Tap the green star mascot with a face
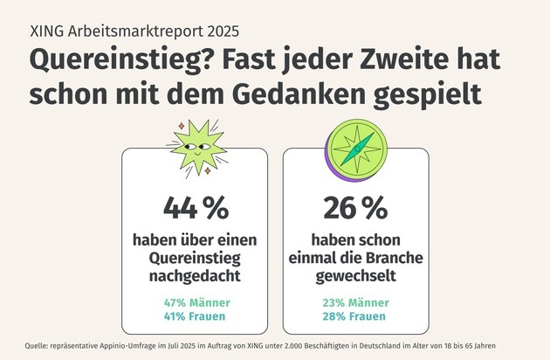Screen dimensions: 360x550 (x=196, y=150)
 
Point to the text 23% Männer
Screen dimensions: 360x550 (x=354, y=302)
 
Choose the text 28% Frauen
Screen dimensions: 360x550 (x=354, y=316)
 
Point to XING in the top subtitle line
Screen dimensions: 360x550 (x=50, y=30)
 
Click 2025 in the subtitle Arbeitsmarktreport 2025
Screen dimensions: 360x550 (x=215, y=30)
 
